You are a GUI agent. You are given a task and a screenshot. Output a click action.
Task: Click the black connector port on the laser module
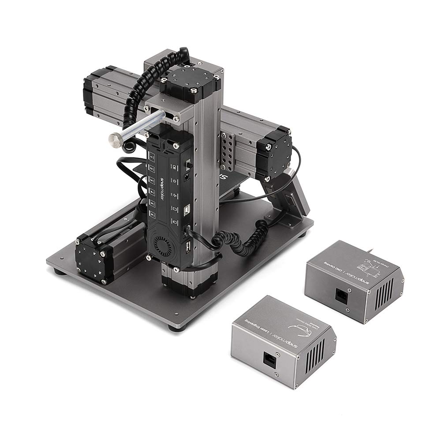coord(269,357)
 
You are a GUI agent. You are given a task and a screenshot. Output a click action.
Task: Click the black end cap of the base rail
coord(93,258)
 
